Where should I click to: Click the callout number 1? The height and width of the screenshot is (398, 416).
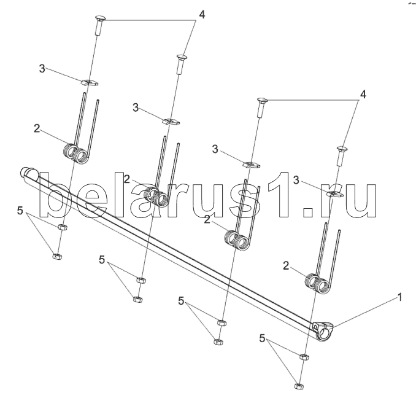pos(400,297)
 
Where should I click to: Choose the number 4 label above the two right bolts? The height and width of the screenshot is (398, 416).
pos(363,95)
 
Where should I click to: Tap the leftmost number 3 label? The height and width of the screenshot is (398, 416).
pos(42,69)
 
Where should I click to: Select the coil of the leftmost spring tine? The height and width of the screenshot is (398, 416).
pos(75,152)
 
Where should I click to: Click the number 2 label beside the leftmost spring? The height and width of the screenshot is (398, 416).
pos(37,128)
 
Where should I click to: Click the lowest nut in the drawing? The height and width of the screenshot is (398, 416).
pos(299,387)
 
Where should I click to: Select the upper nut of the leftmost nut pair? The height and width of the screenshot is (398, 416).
pos(61,228)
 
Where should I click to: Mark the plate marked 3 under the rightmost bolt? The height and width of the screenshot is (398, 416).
pos(333,194)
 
